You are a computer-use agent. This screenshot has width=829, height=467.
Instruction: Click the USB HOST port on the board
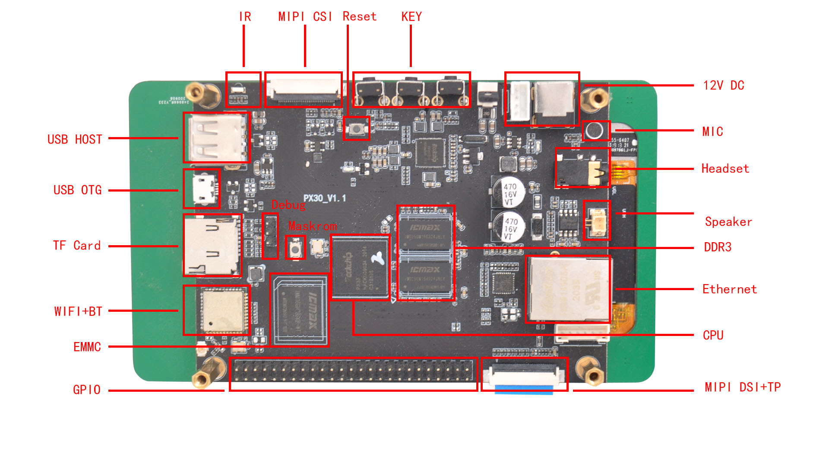point(216,138)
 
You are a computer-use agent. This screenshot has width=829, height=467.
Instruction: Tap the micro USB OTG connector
point(202,189)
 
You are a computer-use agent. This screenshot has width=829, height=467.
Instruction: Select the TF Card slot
point(212,245)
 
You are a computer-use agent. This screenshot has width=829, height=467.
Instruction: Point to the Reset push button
point(357,128)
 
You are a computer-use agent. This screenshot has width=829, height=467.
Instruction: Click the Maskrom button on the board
point(295,248)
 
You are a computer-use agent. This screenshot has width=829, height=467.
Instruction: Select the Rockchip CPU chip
point(360,267)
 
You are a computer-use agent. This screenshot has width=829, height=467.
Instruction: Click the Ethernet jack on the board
point(568,288)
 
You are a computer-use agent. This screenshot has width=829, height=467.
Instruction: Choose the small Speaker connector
point(597,220)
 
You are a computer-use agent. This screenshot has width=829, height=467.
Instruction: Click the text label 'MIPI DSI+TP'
point(742,387)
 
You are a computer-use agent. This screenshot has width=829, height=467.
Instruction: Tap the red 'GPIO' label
point(87,390)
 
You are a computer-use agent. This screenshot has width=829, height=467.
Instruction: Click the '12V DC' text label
point(723,85)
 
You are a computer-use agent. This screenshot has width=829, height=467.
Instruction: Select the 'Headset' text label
point(725,168)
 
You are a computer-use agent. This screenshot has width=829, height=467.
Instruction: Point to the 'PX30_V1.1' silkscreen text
point(324,198)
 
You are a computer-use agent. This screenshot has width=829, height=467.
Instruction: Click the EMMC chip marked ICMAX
point(299,310)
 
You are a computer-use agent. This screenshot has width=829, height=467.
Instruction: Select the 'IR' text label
point(245,16)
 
